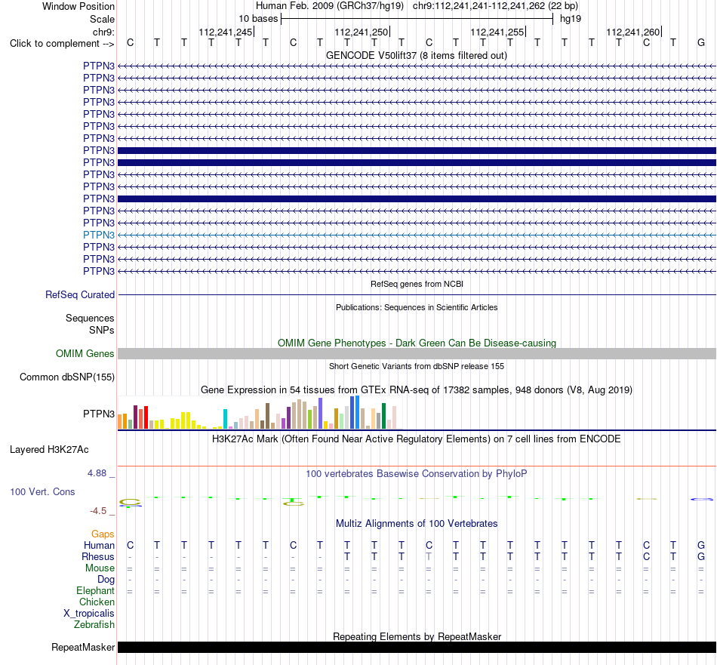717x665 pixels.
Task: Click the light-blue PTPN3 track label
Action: click(x=99, y=235)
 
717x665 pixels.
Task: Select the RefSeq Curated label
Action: click(x=80, y=295)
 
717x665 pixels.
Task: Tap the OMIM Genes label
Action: click(x=85, y=353)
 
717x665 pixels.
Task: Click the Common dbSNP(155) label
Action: click(x=67, y=377)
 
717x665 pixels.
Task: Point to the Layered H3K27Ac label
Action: click(x=49, y=450)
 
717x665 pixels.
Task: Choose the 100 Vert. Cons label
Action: click(x=42, y=491)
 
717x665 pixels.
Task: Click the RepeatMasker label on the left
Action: click(x=83, y=647)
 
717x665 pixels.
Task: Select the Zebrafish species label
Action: click(x=94, y=625)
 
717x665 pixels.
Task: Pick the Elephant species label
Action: click(x=96, y=591)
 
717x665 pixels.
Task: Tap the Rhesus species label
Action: click(x=98, y=556)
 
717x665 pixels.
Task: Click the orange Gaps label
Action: click(x=103, y=534)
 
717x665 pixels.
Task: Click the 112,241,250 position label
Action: click(x=362, y=32)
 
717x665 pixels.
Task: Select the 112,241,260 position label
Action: click(x=633, y=32)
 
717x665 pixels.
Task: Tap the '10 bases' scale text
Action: click(x=258, y=19)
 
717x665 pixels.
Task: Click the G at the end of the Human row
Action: click(x=701, y=545)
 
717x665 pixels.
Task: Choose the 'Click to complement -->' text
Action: click(x=62, y=44)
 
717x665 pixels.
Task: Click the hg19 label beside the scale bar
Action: click(x=571, y=19)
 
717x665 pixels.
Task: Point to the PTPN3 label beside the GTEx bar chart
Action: click(x=99, y=414)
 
